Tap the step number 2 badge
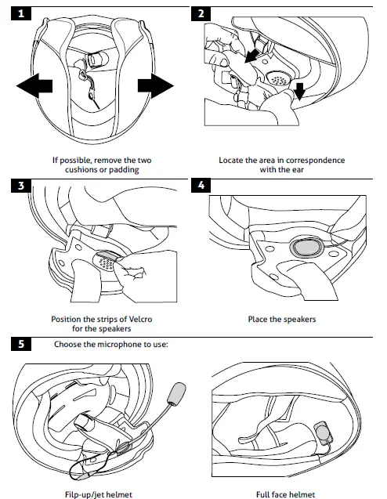point(201,13)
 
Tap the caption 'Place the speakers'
point(281,320)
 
